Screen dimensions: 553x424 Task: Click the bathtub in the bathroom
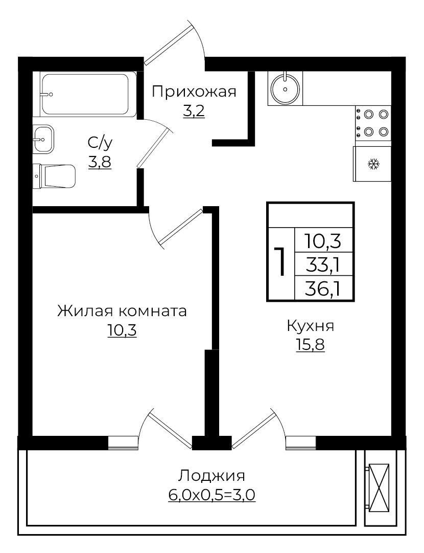coord(85,95)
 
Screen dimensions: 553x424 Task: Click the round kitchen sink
coord(285,88)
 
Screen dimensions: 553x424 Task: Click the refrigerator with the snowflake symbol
coord(372,164)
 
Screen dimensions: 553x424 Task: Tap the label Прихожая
coord(194,92)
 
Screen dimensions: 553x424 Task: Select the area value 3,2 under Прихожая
coord(194,111)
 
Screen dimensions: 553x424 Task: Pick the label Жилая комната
coord(122,311)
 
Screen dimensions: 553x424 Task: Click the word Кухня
coord(310,326)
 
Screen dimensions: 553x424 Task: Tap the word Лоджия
coord(211,476)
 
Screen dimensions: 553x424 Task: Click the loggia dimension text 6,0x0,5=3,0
coord(211,495)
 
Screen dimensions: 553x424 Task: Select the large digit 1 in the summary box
coord(280,262)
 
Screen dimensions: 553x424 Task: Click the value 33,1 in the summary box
coord(323,264)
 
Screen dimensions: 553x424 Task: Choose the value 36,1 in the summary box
coord(323,289)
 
